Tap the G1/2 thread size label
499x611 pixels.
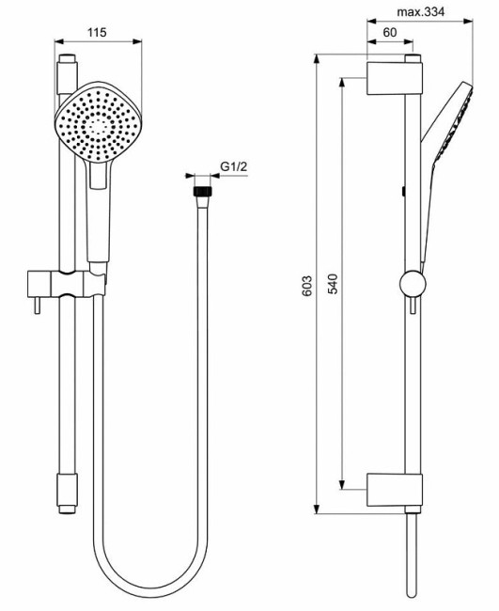coord(233,167)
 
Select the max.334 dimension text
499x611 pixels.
coord(420,12)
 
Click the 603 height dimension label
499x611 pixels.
coord(307,287)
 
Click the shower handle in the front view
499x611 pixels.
coord(98,211)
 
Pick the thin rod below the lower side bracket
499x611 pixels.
coord(411,555)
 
